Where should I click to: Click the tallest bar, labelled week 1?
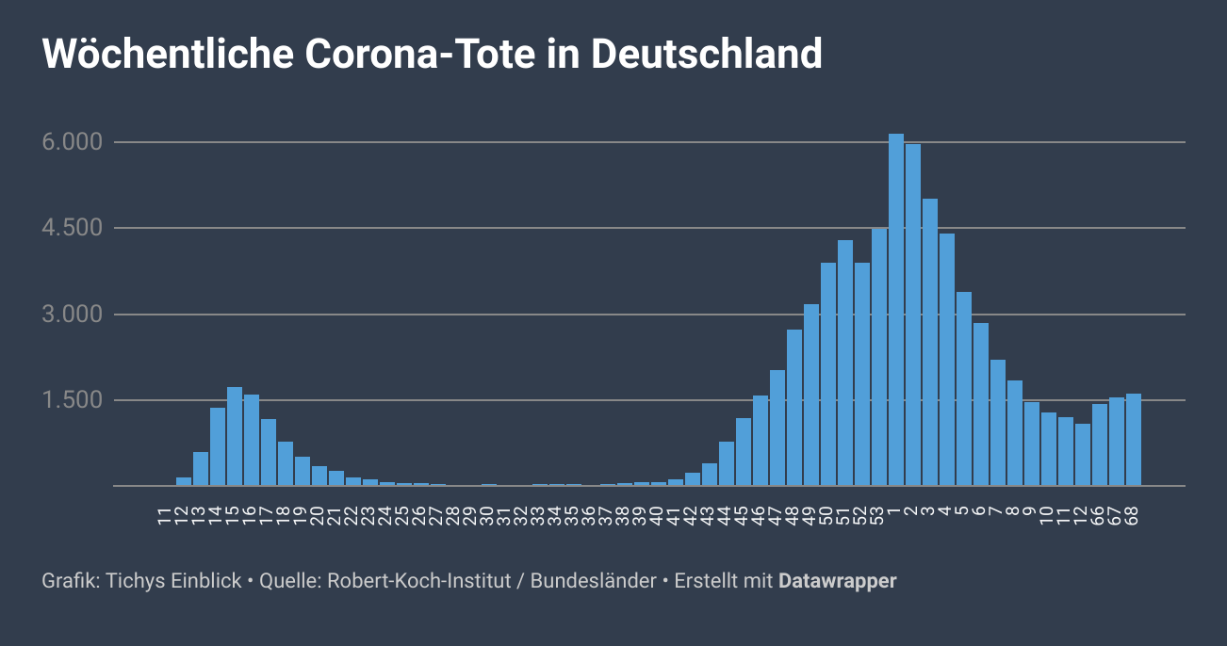(896, 311)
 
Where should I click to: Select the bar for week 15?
(235, 437)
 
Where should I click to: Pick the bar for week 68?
(1134, 440)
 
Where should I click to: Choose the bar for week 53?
(879, 358)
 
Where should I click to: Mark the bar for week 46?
(761, 441)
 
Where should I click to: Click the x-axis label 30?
(487, 516)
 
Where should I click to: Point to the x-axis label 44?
(725, 516)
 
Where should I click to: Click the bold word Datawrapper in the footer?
(837, 581)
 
